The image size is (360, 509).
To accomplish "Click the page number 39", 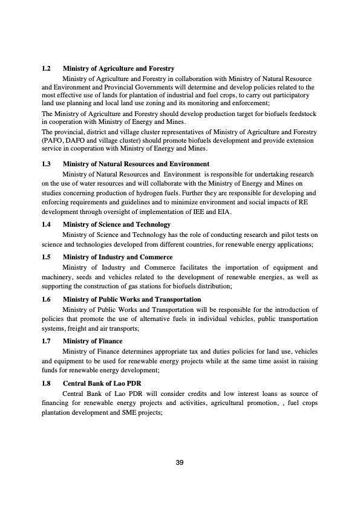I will (179, 462).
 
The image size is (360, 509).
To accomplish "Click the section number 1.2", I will (46, 69).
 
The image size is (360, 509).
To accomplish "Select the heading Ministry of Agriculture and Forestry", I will (119, 69).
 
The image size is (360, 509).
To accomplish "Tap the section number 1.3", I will (46, 164).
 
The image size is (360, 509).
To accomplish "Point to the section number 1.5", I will (46, 257).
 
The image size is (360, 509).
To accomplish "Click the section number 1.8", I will (46, 383).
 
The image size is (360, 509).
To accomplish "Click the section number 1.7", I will (46, 341).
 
